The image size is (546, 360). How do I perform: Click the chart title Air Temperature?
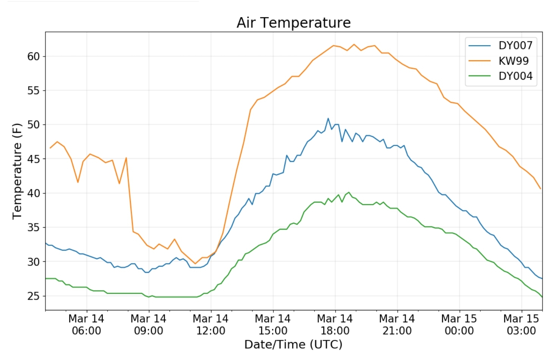[x=293, y=23]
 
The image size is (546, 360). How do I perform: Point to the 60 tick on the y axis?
[x=33, y=57]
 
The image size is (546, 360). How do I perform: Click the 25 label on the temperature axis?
[x=33, y=296]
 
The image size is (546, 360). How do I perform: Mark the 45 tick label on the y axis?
[x=33, y=159]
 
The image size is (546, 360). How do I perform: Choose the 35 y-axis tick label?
[x=33, y=228]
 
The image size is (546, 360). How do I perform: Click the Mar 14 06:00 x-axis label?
[x=86, y=325]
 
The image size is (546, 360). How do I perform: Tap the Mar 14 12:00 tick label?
[x=211, y=325]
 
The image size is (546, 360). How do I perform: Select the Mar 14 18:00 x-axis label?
[x=335, y=325]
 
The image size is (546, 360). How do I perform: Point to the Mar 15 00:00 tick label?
[x=459, y=325]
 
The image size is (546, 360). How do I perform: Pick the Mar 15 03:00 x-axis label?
[x=521, y=325]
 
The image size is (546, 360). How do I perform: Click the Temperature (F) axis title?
[x=17, y=171]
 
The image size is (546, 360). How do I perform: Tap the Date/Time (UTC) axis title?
[x=293, y=344]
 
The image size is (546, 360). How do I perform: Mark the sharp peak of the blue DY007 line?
[x=328, y=118]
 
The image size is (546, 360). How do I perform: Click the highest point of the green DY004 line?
[x=349, y=192]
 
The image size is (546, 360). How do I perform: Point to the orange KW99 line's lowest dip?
[x=195, y=263]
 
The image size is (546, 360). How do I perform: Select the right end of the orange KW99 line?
[x=541, y=189]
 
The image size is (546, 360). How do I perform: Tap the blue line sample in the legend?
[x=480, y=46]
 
